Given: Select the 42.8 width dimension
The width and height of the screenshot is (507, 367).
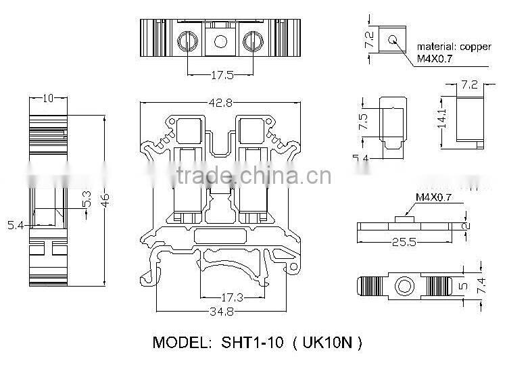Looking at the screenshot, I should pos(220,103).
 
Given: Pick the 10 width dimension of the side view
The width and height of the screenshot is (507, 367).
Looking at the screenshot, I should pos(47,99).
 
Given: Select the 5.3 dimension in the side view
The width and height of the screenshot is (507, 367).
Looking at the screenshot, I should pos(86,200).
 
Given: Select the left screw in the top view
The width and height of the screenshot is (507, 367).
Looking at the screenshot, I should pos(189,42).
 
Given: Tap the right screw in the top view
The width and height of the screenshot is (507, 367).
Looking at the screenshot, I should pos(252,42).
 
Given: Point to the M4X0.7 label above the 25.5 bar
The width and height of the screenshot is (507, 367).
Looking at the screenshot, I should pos(433,197).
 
